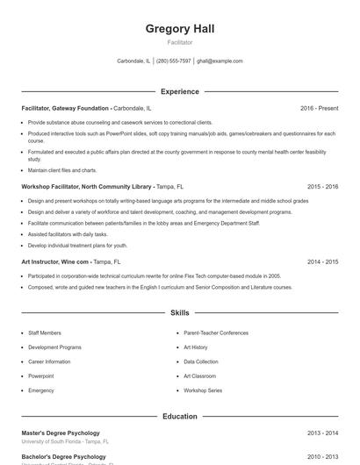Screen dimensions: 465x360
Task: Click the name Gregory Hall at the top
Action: pyautogui.click(x=180, y=29)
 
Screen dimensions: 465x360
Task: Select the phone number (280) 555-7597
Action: pyautogui.click(x=174, y=61)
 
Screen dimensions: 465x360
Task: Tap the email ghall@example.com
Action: pyautogui.click(x=220, y=61)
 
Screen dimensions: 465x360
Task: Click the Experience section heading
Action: pyautogui.click(x=180, y=91)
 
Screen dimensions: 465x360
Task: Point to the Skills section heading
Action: pyautogui.click(x=180, y=312)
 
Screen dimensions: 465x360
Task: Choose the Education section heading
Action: pyautogui.click(x=180, y=416)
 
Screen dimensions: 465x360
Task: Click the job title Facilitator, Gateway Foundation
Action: pyautogui.click(x=65, y=108)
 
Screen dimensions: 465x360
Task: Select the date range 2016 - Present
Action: pyautogui.click(x=319, y=108)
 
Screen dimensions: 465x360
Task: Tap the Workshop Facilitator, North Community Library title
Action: pyautogui.click(x=87, y=187)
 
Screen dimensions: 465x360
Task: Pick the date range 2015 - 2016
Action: pyautogui.click(x=322, y=187)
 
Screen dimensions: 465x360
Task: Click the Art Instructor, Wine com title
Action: pyautogui.click(x=55, y=261)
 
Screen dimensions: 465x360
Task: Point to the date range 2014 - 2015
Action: pyautogui.click(x=322, y=261)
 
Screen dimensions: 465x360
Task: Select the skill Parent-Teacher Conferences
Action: pyautogui.click(x=216, y=333)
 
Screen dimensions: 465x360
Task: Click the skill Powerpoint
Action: pyautogui.click(x=41, y=376)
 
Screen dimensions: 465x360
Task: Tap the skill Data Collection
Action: pyautogui.click(x=201, y=361)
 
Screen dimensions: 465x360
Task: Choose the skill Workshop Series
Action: pyautogui.click(x=203, y=390)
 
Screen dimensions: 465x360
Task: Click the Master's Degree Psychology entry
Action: pyautogui.click(x=61, y=433)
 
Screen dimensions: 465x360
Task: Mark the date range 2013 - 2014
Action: pyautogui.click(x=322, y=433)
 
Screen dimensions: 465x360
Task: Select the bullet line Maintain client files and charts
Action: pyautogui.click(x=62, y=170)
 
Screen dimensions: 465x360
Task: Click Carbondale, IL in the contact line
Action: pyautogui.click(x=133, y=61)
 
